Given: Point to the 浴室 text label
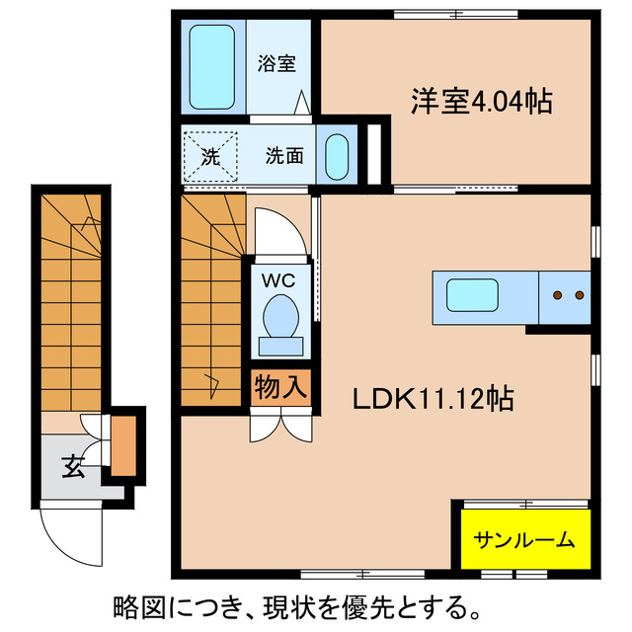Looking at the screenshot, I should [x=276, y=64].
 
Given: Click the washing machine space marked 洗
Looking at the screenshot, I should [x=210, y=155].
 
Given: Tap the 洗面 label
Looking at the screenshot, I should [x=283, y=155].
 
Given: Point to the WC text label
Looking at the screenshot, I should [x=277, y=279].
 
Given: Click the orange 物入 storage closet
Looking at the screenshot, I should [x=280, y=385].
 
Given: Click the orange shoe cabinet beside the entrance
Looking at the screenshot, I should [x=122, y=446].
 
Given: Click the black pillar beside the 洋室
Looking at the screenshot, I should [x=374, y=153].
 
